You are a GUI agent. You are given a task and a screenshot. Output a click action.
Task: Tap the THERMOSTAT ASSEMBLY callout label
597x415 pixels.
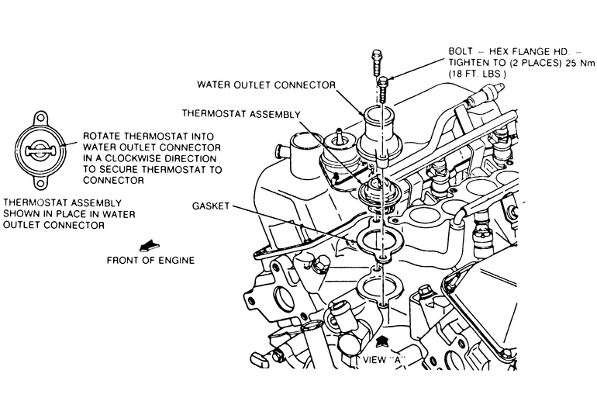[241, 113]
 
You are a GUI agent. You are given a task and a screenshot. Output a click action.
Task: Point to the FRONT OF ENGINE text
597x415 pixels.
[151, 260]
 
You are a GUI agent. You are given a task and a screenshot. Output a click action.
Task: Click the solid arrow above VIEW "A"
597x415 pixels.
[381, 341]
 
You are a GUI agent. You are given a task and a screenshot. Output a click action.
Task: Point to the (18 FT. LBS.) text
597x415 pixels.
[477, 73]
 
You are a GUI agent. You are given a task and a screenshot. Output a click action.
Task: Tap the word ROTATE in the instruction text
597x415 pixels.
[101, 133]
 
